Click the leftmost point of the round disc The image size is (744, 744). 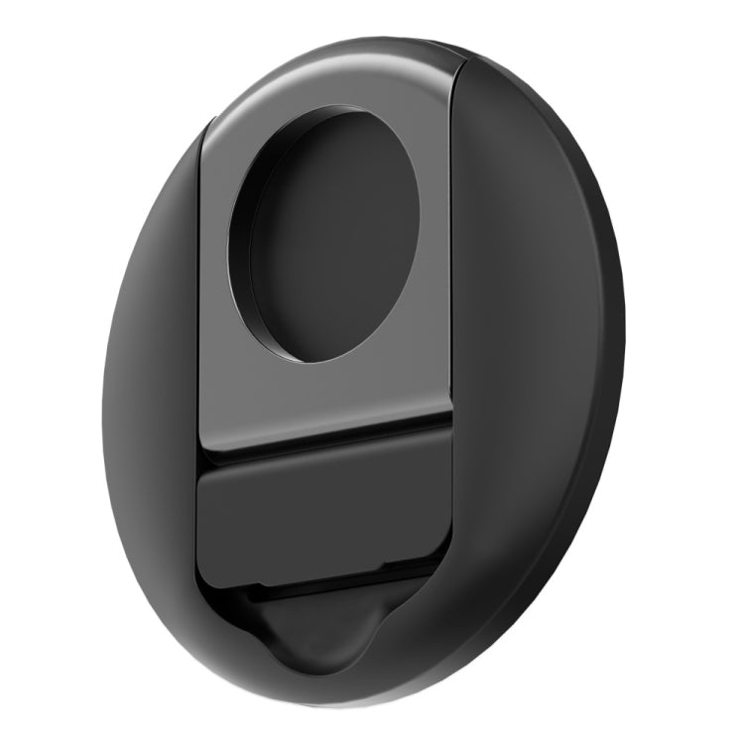[102, 417]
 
